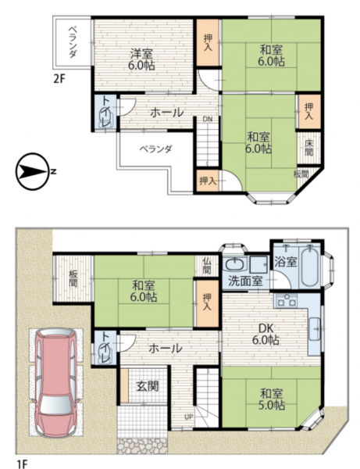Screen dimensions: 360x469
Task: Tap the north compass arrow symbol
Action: [x=33, y=171]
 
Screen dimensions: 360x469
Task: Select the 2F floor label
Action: [x=59, y=79]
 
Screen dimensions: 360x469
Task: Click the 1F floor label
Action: [x=22, y=464]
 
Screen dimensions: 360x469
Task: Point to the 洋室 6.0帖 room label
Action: [x=141, y=59]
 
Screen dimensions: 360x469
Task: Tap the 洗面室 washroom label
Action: [x=245, y=281]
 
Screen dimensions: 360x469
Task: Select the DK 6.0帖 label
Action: [x=266, y=335]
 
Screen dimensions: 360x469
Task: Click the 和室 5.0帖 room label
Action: [x=272, y=399]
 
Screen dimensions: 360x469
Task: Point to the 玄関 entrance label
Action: [x=148, y=386]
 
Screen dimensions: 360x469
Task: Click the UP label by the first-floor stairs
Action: [x=188, y=417]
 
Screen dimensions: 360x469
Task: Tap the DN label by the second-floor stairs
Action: [x=208, y=119]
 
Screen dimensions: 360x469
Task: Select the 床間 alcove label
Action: [x=308, y=148]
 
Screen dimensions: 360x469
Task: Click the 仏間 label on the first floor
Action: [x=207, y=266]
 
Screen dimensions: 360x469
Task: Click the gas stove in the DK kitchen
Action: [x=286, y=301]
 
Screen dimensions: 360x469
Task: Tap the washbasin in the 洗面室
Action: [x=235, y=264]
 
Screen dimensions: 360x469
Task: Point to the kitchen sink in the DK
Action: [x=314, y=329]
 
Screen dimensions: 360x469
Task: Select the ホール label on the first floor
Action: [x=165, y=348]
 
